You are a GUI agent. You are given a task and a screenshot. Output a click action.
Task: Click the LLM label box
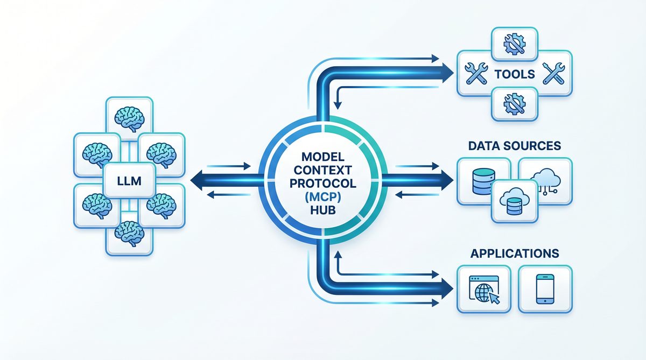(x=129, y=181)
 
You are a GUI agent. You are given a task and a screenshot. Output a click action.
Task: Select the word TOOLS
(x=515, y=74)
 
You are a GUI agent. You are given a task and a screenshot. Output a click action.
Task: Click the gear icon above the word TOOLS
(x=514, y=44)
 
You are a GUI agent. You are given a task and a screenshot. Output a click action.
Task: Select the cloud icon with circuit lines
(x=545, y=179)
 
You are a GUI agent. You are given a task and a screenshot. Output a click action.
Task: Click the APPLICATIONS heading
(x=514, y=253)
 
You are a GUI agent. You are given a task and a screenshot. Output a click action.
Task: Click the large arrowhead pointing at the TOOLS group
(x=446, y=70)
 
